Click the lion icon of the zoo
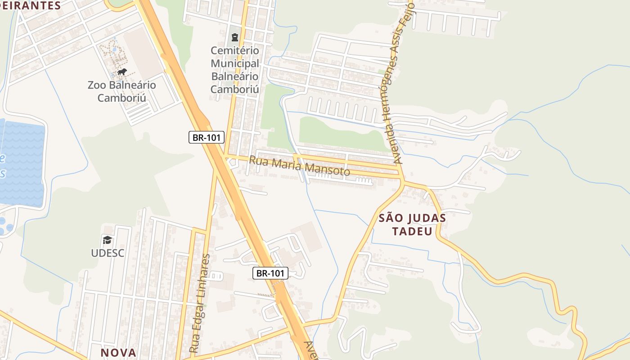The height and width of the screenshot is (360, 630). pyautogui.click(x=122, y=72)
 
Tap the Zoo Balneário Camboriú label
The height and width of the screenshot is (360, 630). pyautogui.click(x=122, y=91)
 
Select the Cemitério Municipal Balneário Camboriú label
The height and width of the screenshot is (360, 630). pyautogui.click(x=235, y=70)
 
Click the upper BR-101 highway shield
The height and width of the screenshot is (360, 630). pyautogui.click(x=206, y=138)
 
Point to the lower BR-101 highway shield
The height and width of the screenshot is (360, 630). pyautogui.click(x=270, y=273)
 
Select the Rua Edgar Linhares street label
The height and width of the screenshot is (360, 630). pyautogui.click(x=200, y=303)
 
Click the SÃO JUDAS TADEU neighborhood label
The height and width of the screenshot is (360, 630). pyautogui.click(x=412, y=225)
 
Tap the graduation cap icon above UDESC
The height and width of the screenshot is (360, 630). pyautogui.click(x=107, y=240)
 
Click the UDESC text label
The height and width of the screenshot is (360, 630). pyautogui.click(x=108, y=253)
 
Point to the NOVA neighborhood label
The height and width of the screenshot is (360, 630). pyautogui.click(x=118, y=352)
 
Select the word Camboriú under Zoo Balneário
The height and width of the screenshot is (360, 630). pyautogui.click(x=122, y=98)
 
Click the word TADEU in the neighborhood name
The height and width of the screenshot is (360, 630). pyautogui.click(x=412, y=231)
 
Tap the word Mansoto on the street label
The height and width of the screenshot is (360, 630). pyautogui.click(x=327, y=169)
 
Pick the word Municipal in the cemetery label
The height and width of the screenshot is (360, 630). pyautogui.click(x=235, y=63)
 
